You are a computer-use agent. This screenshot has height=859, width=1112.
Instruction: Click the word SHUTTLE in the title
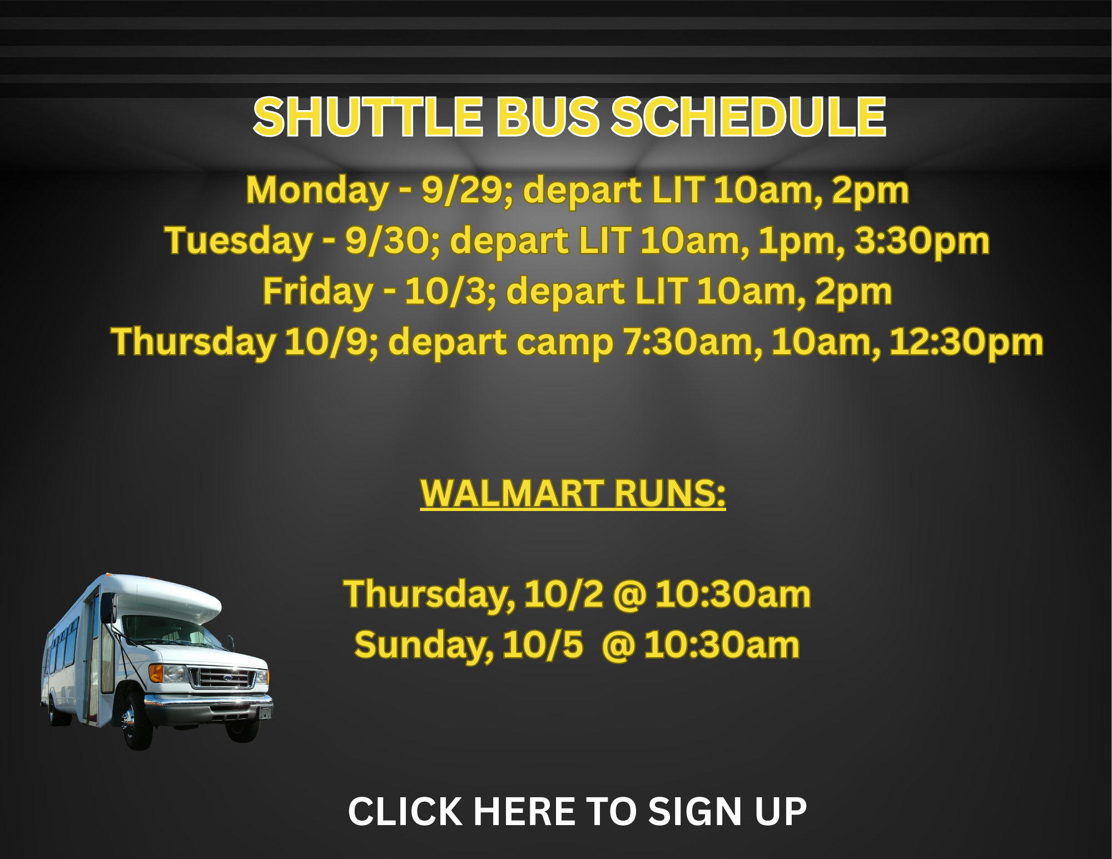click(x=368, y=117)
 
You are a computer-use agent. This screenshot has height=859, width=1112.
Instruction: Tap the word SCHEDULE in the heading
click(x=748, y=117)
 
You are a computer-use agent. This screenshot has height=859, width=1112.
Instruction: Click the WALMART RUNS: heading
click(x=573, y=494)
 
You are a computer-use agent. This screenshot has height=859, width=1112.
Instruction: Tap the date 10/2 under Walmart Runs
click(x=563, y=594)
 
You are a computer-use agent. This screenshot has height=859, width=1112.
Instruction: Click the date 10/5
click(x=543, y=645)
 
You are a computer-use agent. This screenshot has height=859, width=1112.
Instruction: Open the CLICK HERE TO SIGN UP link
click(x=577, y=812)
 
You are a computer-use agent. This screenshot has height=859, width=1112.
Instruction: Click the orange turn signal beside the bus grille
click(x=156, y=673)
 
